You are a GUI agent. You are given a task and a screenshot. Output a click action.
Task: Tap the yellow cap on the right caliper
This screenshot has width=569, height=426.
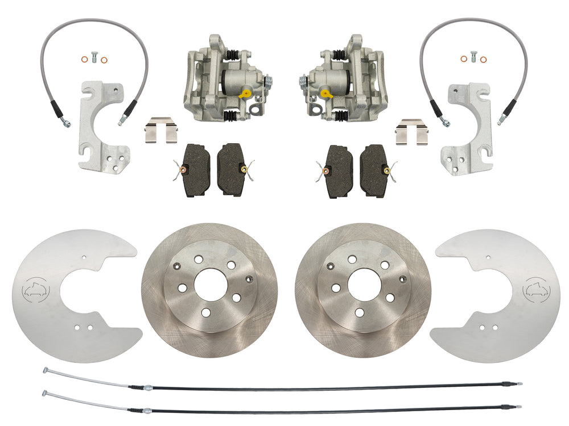coord(324,92)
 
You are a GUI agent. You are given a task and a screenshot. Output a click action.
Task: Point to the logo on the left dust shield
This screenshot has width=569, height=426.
coord(34,289)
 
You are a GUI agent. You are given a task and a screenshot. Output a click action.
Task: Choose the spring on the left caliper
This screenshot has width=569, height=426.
coord(269,84)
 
